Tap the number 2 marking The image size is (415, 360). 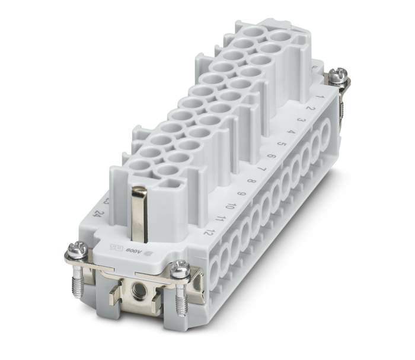[x=310, y=109]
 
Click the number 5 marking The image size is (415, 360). [x=281, y=144]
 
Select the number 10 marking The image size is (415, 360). [x=231, y=206]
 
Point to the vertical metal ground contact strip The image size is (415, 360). [x=139, y=214]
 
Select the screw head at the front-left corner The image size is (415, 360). [x=76, y=250]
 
